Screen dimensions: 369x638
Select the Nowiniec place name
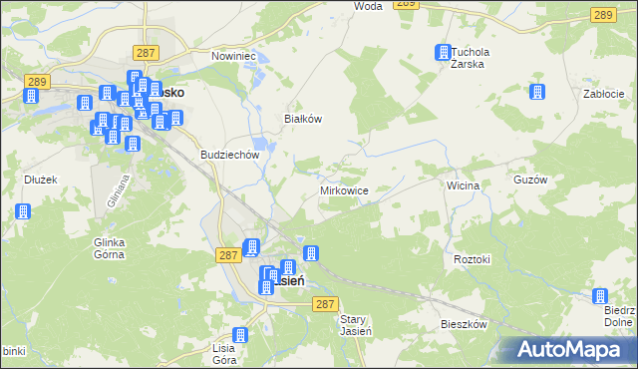[234, 56]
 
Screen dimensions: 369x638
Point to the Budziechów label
[229, 155]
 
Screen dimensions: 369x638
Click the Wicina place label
[464, 185]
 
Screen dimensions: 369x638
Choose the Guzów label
[559, 181]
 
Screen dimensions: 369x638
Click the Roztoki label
[473, 259]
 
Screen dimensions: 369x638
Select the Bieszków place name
[464, 325]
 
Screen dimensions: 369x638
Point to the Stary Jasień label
[356, 325]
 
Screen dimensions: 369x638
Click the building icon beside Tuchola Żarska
[442, 53]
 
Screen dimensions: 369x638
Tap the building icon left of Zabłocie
[538, 92]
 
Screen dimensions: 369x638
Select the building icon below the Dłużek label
[22, 211]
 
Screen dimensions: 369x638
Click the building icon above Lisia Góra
[239, 335]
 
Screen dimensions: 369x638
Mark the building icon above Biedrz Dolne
[600, 296]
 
